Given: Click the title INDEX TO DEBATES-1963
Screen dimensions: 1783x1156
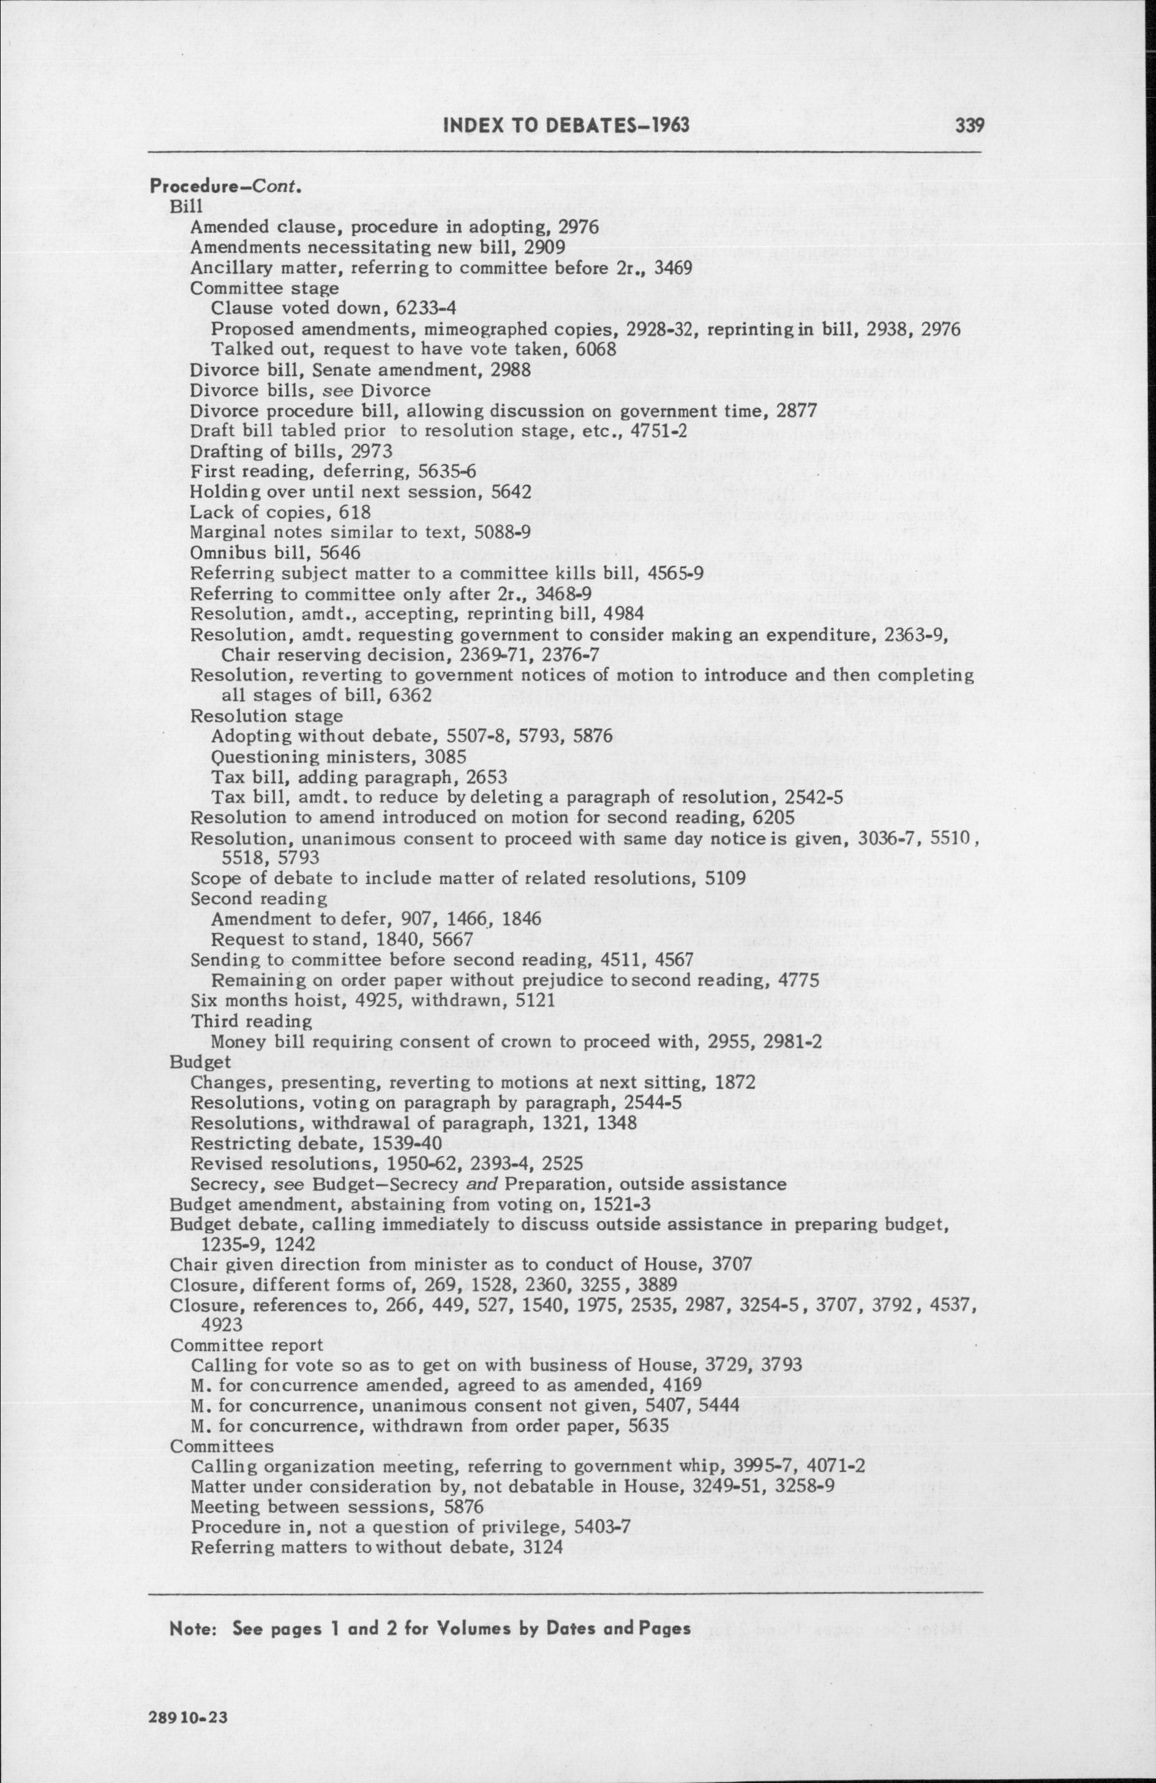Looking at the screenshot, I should click(x=567, y=124).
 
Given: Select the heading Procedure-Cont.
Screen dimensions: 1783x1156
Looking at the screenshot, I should click(x=225, y=186).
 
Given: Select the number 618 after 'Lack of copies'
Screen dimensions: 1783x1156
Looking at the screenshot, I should click(x=356, y=512).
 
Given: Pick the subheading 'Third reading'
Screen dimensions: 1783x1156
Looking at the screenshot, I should click(x=251, y=1021).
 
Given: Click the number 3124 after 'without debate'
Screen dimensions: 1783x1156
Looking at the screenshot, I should click(x=537, y=1525).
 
